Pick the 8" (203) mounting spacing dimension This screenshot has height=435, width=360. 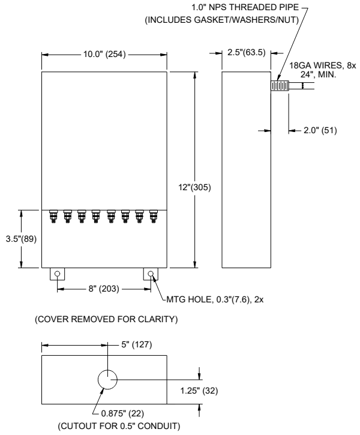pos(104,289)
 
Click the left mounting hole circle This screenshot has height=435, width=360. pos(58,275)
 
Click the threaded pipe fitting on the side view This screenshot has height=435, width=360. pos(280,86)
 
